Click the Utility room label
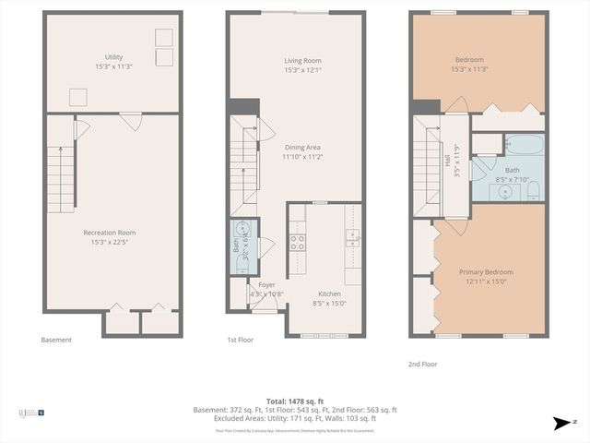[x=113, y=58]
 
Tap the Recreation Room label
[x=110, y=233]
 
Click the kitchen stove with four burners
[x=298, y=242]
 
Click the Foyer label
[x=266, y=285]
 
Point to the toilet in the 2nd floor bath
[x=534, y=190]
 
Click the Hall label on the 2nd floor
[x=447, y=160]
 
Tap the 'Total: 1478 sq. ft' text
[x=294, y=401]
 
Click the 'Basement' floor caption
[x=56, y=340]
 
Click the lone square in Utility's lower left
[x=78, y=96]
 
